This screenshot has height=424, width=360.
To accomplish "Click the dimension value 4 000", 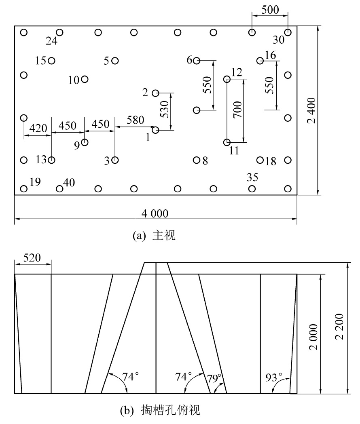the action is pos(155,214).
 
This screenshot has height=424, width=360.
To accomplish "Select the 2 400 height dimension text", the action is pos(311,110).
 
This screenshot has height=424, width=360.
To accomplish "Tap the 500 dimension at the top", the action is pos(270,10).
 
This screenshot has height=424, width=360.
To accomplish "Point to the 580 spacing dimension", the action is pos(136,120).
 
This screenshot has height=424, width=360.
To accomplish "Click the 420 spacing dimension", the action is pos(38,128).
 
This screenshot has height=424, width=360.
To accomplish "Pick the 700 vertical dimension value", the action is pos(238,109).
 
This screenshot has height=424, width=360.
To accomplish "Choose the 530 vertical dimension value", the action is pos(164,109).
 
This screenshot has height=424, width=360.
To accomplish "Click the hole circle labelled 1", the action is pos(155,130).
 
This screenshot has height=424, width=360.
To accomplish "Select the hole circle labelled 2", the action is pos(155,93).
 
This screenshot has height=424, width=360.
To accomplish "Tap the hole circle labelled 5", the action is pos(115,61).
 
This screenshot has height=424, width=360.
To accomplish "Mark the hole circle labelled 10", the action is pos(85,79).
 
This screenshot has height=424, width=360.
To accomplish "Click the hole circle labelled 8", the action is pos(197,160).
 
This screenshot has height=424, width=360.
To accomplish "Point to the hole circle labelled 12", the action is pos(227,79).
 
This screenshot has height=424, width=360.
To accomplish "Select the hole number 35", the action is pos(252,177).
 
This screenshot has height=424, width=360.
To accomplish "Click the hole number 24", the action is pos(51,41).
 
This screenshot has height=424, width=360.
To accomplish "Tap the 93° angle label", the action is pos(274,377).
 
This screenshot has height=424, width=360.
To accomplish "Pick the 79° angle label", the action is pos(214,378).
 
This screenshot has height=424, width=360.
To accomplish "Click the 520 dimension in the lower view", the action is pos(32,258).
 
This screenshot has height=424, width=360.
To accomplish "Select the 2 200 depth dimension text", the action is pos(339,326).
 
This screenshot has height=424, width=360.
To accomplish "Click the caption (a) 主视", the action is pos(154,235).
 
